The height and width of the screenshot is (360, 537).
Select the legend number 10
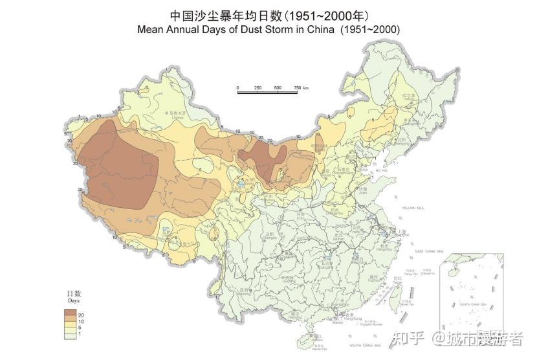pyautogui.click(x=81, y=321)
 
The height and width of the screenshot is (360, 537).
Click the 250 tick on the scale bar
pyautogui.click(x=258, y=87)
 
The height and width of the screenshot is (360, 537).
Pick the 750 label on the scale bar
pyautogui.click(x=297, y=87)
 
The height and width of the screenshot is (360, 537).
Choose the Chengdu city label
pyautogui.click(x=270, y=236)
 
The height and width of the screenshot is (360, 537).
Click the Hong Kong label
pyautogui.click(x=353, y=319)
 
